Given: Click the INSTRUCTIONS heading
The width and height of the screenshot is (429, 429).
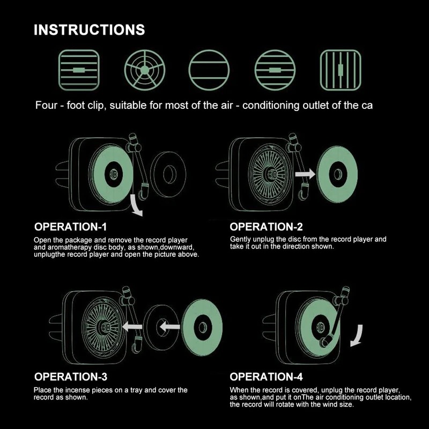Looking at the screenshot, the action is pos(89,29).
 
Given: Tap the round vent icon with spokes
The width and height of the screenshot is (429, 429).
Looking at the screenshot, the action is pos(144,70).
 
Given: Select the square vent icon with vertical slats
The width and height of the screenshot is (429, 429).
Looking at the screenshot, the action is pos(340,70).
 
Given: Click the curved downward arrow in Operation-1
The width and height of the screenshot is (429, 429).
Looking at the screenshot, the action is pos(135,206).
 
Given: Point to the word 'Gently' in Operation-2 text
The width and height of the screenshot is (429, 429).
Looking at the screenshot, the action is pos(241,239).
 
